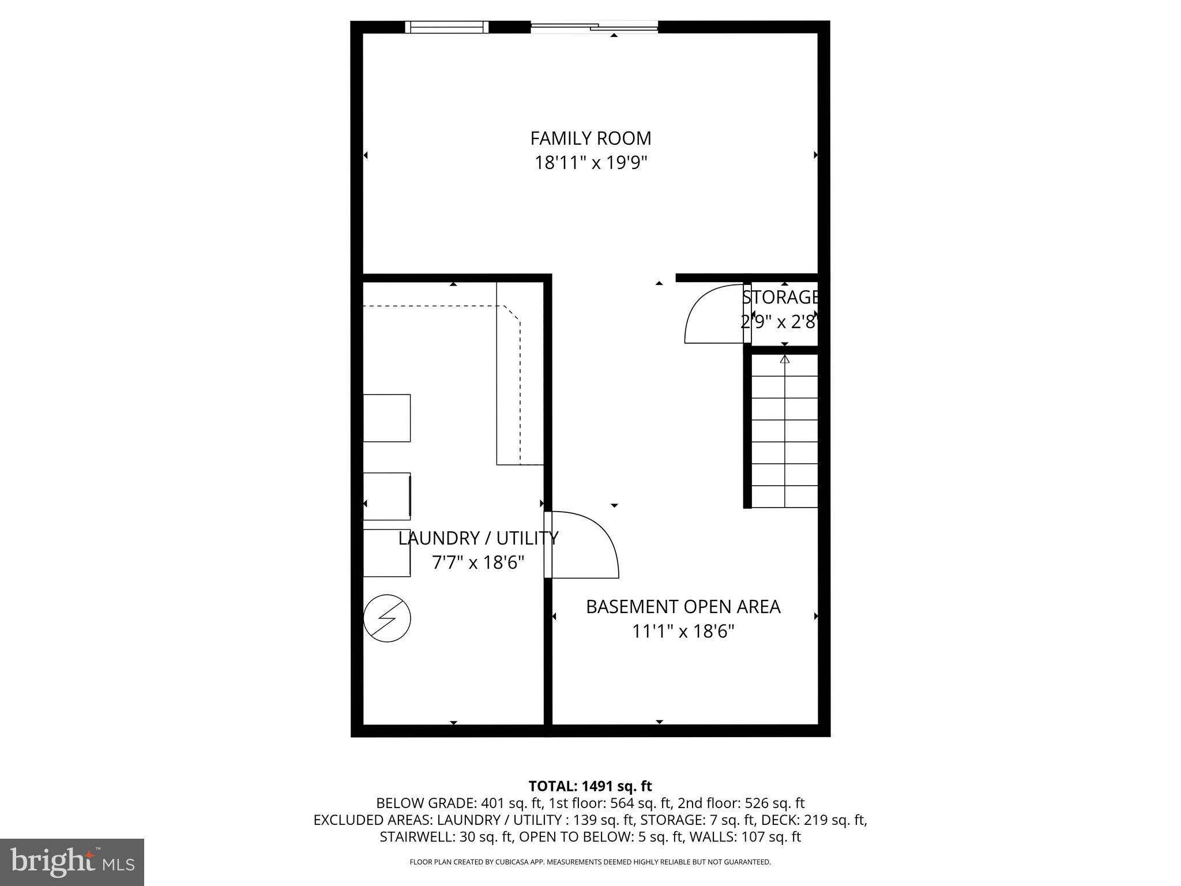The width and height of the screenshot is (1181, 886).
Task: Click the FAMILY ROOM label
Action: click(590, 138)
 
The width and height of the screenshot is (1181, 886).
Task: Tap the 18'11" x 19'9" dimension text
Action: click(590, 163)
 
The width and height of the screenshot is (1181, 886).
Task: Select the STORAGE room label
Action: click(781, 298)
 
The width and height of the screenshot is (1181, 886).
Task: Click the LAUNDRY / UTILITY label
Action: click(478, 538)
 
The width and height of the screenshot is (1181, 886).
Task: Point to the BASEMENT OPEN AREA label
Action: click(683, 607)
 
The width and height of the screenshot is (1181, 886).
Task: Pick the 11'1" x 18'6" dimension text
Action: click(683, 632)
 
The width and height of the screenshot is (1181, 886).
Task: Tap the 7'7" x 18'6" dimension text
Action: click(478, 562)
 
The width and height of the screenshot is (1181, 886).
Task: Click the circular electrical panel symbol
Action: click(387, 618)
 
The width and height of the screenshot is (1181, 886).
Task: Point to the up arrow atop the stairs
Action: click(784, 359)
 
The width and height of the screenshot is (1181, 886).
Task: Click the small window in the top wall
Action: click(447, 27)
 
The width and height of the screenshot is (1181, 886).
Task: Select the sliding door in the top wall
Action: click(594, 27)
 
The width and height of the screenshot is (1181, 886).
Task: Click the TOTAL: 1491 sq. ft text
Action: click(590, 786)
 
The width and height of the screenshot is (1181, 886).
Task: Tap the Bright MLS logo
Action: click(72, 862)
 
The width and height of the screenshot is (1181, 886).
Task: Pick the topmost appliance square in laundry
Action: click(386, 418)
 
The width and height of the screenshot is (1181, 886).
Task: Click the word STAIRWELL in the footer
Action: click(416, 837)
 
